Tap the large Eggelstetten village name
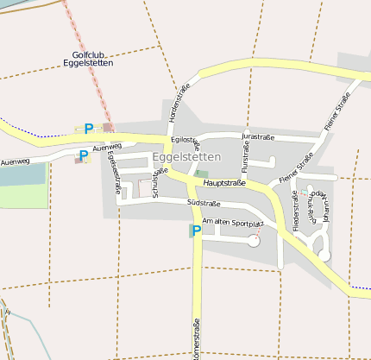pyautogui.click(x=186, y=157)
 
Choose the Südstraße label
pyautogui.click(x=204, y=204)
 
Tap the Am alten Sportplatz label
pyautogui.click(x=232, y=223)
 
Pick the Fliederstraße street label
pyautogui.click(x=296, y=212)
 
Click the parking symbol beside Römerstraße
pyautogui.click(x=196, y=231)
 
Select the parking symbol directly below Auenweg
pyautogui.click(x=83, y=156)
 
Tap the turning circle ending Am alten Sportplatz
pyautogui.click(x=254, y=242)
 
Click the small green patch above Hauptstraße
pyautogui.click(x=202, y=174)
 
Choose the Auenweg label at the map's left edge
pyautogui.click(x=16, y=161)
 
